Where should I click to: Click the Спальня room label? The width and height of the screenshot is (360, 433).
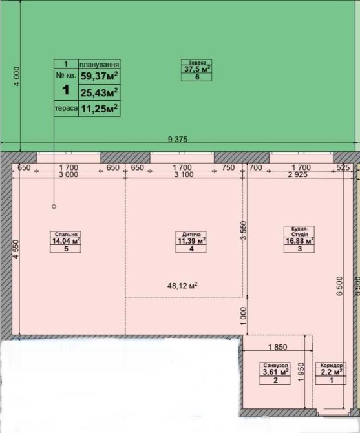click(66, 234)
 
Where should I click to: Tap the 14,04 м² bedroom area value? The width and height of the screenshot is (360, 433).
click(67, 241)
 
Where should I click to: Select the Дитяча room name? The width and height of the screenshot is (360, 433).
click(191, 234)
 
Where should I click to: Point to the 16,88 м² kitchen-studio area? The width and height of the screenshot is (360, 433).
click(299, 241)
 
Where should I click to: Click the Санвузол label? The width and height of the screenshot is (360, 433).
click(275, 365)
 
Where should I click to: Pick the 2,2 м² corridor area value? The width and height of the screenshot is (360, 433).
click(332, 372)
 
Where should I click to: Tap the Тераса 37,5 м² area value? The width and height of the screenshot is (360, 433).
click(197, 69)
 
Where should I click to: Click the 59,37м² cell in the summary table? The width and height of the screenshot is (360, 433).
click(99, 76)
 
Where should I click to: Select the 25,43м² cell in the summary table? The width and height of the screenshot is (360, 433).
click(99, 93)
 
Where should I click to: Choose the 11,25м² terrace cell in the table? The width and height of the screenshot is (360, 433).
click(99, 109)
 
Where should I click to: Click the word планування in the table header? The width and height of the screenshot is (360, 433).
click(100, 65)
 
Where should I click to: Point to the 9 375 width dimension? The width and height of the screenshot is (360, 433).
click(178, 139)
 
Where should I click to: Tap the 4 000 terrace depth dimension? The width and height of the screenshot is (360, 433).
click(17, 76)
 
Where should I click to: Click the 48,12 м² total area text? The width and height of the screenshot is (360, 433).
click(182, 286)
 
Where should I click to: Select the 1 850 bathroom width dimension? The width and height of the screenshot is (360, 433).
click(277, 347)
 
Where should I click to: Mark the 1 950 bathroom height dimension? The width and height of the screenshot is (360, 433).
click(301, 372)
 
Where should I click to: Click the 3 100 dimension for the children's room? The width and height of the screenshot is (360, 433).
click(184, 174)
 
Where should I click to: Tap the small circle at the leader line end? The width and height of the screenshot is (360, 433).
click(54, 206)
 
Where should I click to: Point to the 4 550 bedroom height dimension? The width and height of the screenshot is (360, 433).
click(16, 249)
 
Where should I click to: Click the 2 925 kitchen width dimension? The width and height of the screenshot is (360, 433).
click(297, 174)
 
